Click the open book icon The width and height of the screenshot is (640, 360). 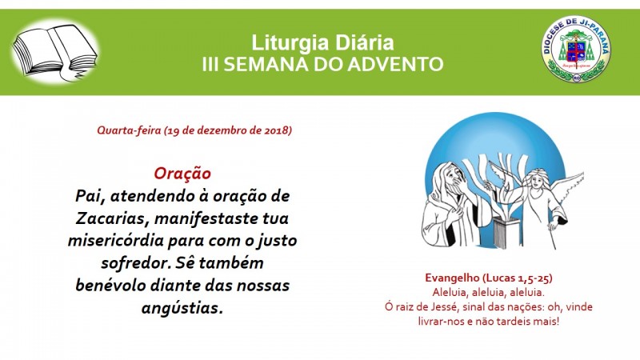click(x=54, y=52)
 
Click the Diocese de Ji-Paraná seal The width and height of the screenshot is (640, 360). click(x=576, y=50)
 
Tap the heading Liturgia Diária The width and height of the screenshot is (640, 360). click(x=322, y=43)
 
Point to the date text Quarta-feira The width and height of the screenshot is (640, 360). click(x=129, y=130)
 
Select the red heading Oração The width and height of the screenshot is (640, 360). click(x=182, y=174)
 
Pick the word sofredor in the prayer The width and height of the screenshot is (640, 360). click(x=135, y=263)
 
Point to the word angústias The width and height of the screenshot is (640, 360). click(x=182, y=308)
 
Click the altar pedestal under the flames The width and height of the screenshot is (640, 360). click(x=504, y=233)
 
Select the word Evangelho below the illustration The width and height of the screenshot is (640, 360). click(x=452, y=278)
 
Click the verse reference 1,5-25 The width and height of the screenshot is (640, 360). click(x=534, y=278)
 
